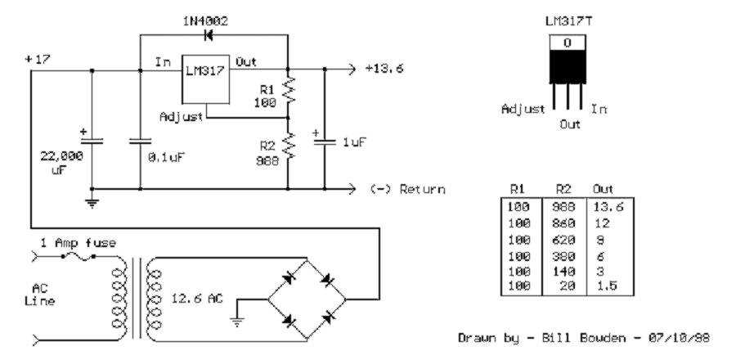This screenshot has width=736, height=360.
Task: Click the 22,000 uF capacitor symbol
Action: point(91,140)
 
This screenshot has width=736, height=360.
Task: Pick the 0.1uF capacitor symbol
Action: point(140,140)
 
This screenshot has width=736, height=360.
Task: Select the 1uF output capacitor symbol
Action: point(325,140)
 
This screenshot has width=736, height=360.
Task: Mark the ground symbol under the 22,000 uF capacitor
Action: point(91,200)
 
